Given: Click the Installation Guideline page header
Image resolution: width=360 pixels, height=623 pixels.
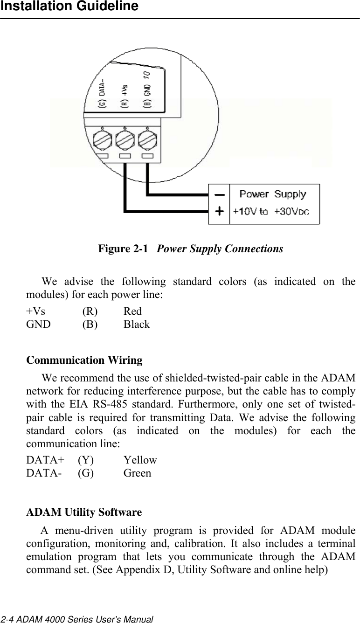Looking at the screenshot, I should [x=69, y=7].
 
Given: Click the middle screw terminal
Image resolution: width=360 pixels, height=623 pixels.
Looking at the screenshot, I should [x=125, y=139].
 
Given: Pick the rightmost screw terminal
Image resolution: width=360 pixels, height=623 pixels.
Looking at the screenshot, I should [x=147, y=139].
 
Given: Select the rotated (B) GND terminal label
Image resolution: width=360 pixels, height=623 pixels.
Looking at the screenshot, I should [x=146, y=91].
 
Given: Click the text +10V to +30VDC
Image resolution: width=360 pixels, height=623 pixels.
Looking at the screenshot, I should [x=271, y=211].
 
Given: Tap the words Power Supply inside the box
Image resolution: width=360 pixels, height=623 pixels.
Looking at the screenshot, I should [x=273, y=194].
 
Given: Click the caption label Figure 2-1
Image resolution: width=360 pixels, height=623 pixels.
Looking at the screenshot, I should [x=124, y=249].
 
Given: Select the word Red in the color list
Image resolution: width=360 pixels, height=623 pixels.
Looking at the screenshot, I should [x=133, y=311].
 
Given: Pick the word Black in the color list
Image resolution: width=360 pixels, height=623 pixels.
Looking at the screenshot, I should [x=137, y=324].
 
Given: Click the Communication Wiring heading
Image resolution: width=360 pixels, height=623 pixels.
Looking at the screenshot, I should [x=84, y=360].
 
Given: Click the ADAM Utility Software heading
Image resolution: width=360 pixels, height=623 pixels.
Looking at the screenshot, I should [x=84, y=512].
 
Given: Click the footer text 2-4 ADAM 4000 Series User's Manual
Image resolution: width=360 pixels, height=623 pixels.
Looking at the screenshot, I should [x=76, y=619].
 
